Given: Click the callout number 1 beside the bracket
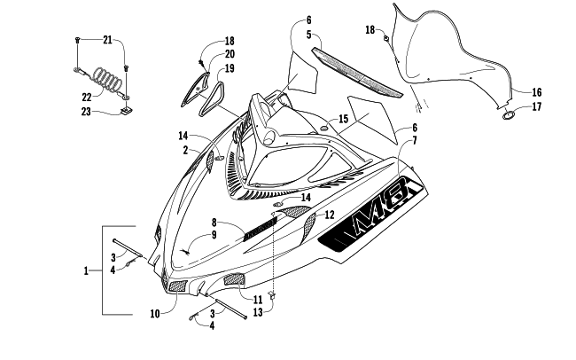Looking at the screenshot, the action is [86, 271].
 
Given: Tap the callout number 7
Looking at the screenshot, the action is [415, 140].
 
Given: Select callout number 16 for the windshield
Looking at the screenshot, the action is [537, 92].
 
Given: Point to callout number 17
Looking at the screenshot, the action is [537, 107].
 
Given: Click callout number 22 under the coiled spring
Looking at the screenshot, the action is [87, 98].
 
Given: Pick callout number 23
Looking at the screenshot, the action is [86, 112].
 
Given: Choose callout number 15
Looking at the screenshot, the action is [343, 119].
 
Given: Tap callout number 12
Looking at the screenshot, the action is [330, 215].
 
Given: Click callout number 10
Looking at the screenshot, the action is [155, 314].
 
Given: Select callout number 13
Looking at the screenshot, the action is [258, 312].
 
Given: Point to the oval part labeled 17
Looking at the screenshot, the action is [509, 115].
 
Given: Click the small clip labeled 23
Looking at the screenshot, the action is [127, 110].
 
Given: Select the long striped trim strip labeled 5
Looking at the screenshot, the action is [357, 72].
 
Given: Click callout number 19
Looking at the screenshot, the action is [230, 69].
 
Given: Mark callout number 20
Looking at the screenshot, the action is [230, 54].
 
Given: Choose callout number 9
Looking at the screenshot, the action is [214, 235].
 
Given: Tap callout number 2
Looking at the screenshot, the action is [185, 150].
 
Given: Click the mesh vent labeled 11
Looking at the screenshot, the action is [234, 279].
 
